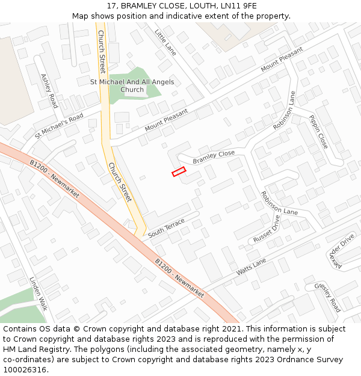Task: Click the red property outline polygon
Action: coord(179,172)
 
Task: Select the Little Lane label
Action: coord(165,43)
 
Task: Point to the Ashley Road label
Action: coord(49,91)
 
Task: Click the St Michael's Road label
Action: coord(59,126)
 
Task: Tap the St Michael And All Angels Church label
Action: coord(132,86)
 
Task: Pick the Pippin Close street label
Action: coord(318,132)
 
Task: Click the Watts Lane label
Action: coord(251,267)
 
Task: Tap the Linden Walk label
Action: coord(39,294)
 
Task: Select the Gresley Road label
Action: coord(327,297)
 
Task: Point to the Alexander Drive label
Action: coord(342,251)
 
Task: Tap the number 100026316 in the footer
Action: coord(25,370)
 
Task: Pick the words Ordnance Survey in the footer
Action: coord(312,360)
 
